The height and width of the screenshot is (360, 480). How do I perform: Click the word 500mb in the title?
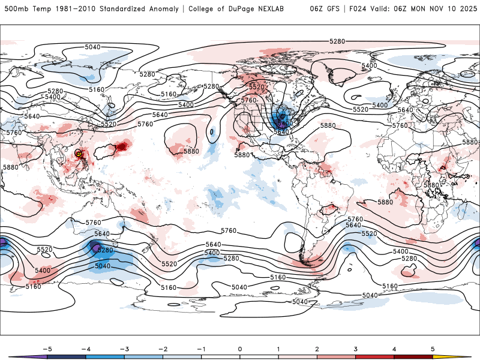pyautogui.click(x=15, y=9)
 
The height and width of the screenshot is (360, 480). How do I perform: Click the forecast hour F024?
pyautogui.click(x=362, y=9)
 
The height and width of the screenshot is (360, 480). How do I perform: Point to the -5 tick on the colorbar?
pyautogui.click(x=46, y=348)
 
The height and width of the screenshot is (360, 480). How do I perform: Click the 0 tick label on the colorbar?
pyautogui.click(x=240, y=348)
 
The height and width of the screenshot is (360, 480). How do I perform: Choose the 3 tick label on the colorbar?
pyautogui.click(x=356, y=348)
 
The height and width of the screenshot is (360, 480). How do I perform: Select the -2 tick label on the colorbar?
pyautogui.click(x=161, y=348)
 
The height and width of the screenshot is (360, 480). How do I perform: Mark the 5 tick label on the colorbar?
pyautogui.click(x=434, y=348)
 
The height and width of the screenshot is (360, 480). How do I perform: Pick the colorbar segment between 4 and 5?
pyautogui.click(x=414, y=356)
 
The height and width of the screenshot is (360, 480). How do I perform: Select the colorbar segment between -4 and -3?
pyautogui.click(x=104, y=356)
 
